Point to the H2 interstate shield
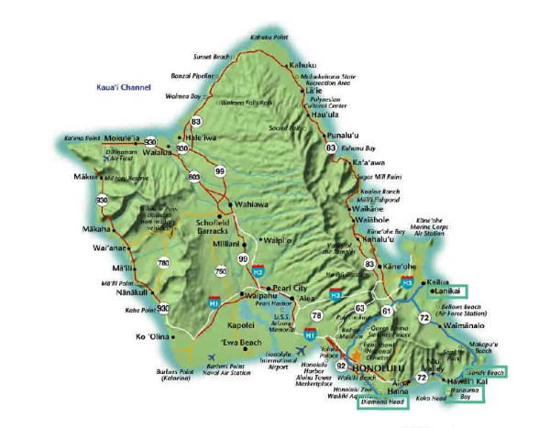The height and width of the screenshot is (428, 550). [x=258, y=272]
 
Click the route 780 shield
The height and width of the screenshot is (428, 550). [x=163, y=263]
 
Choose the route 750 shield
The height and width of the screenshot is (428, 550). [x=222, y=272]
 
